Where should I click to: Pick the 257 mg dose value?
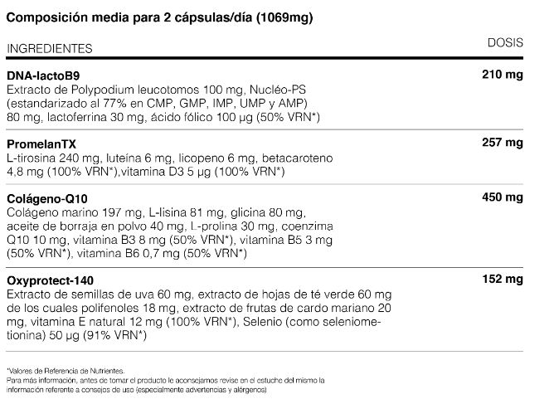pos(503,144)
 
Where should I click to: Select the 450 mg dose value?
pos(503,199)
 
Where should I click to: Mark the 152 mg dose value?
pos(503,280)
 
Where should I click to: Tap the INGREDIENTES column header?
pos(48,49)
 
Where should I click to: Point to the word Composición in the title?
pos(43,17)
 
